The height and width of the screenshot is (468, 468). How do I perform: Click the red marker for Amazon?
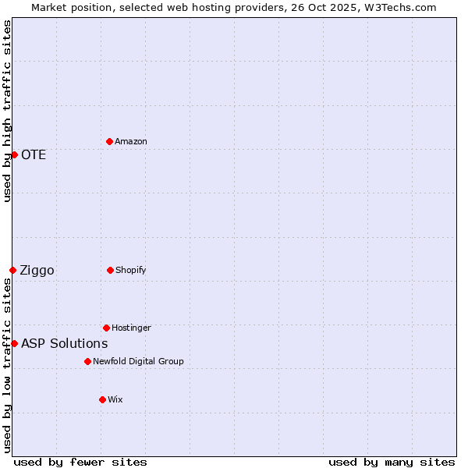(109, 141)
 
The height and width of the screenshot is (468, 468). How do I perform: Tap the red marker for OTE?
(14, 154)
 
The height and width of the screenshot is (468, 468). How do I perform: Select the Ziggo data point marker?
(12, 270)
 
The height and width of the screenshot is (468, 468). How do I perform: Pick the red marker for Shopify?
(110, 270)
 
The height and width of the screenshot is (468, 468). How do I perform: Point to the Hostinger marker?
(106, 328)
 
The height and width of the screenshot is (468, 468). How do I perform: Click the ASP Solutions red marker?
(14, 343)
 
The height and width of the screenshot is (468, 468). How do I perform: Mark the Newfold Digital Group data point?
(87, 361)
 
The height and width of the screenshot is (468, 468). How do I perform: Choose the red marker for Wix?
(102, 399)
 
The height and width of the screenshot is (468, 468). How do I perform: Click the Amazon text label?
(131, 141)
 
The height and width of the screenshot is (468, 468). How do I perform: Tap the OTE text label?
(34, 154)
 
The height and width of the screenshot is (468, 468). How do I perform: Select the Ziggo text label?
(37, 270)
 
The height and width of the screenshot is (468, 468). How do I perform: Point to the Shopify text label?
(131, 270)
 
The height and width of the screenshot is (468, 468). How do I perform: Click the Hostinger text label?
(131, 328)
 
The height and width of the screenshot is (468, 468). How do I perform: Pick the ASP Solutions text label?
(64, 343)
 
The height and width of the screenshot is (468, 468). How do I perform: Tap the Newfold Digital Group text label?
(138, 361)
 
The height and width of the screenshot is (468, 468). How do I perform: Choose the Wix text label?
(115, 399)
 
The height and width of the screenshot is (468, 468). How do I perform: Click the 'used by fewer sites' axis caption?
(80, 462)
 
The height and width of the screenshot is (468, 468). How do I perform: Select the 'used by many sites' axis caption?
(392, 462)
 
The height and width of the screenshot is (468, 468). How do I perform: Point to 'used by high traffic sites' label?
(7, 111)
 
